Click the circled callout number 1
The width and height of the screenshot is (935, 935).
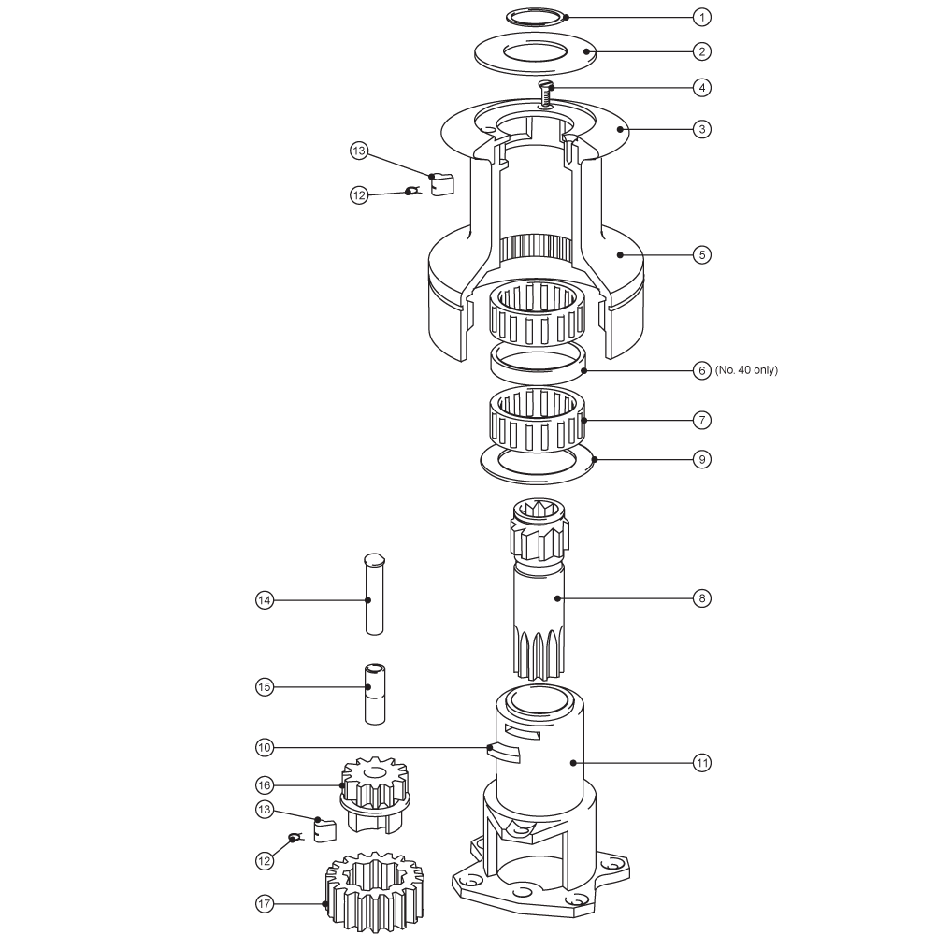(x=702, y=17)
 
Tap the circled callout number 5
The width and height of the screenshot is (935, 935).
(x=702, y=254)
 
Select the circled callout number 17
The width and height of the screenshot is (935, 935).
(x=265, y=904)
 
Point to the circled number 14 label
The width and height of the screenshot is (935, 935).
(x=265, y=600)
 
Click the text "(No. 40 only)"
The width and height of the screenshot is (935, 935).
(x=746, y=369)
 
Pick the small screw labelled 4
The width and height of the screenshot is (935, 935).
(x=546, y=93)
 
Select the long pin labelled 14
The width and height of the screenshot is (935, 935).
(x=374, y=595)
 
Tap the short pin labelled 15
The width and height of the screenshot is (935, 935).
(x=375, y=694)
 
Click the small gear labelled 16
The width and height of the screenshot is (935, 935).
(x=375, y=795)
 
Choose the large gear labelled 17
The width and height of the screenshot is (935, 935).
(x=374, y=892)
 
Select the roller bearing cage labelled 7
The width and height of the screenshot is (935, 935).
(x=537, y=419)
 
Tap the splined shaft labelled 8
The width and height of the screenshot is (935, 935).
(x=538, y=589)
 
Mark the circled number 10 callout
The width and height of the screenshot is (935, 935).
(x=265, y=747)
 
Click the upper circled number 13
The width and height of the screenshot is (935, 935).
(x=358, y=151)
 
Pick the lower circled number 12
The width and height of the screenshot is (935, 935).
(x=265, y=860)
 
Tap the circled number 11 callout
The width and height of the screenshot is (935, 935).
(x=702, y=763)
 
